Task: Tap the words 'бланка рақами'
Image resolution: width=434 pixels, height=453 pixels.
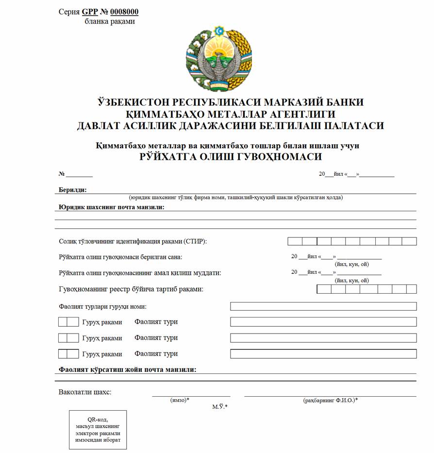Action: click(x=110, y=21)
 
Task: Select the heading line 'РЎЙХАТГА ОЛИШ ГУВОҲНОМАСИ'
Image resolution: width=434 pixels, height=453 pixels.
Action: click(x=231, y=157)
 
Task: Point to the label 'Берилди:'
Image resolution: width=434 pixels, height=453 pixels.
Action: click(x=73, y=190)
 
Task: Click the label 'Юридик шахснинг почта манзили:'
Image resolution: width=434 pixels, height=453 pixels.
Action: click(x=112, y=207)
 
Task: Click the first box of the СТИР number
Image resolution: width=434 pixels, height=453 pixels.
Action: click(x=295, y=241)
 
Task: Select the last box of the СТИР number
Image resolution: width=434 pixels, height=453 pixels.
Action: click(x=409, y=241)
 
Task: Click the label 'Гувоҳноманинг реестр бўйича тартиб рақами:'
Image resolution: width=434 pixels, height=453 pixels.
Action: click(x=131, y=289)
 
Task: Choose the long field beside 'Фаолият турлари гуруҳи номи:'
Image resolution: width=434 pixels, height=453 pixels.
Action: click(x=323, y=306)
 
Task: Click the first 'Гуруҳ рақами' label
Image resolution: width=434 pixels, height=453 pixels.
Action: click(x=102, y=322)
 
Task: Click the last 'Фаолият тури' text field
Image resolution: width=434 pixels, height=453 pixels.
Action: click(x=323, y=354)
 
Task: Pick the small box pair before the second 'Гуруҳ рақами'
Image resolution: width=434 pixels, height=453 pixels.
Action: click(x=68, y=337)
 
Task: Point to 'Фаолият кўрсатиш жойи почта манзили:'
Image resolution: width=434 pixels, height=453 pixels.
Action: click(x=127, y=369)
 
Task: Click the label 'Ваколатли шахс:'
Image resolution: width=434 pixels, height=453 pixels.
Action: click(x=85, y=392)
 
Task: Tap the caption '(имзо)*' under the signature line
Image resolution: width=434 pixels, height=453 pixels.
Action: click(x=180, y=400)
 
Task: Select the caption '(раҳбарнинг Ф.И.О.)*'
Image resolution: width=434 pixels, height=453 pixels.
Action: click(x=330, y=400)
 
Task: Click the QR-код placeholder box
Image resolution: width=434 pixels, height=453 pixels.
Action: click(x=98, y=430)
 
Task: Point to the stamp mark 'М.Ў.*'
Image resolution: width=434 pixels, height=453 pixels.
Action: click(x=219, y=407)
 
